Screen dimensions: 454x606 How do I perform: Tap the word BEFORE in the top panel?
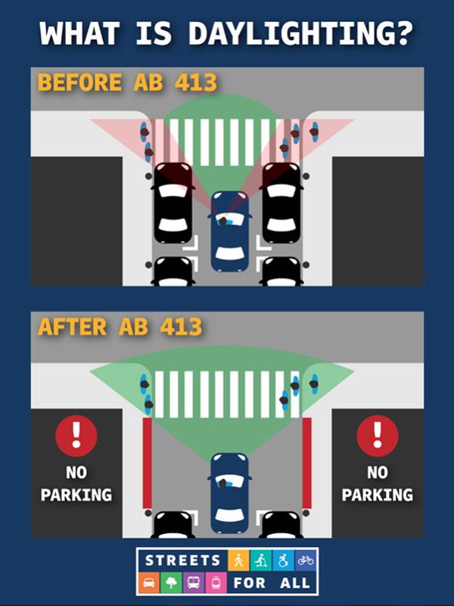point(79,83)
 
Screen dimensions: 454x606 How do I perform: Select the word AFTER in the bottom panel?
point(72,327)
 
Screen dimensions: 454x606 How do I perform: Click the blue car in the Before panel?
point(230,231)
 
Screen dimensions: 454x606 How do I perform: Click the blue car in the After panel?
point(230,493)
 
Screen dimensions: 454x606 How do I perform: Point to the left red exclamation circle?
point(76,436)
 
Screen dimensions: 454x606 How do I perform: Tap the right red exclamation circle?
point(377,436)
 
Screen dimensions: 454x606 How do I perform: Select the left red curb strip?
point(147,463)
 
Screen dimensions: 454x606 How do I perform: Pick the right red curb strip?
point(307,463)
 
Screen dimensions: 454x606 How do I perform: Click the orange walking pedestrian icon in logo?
point(238,560)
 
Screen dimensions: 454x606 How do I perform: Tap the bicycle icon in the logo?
point(306,560)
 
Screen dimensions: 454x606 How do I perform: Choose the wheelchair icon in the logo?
point(283,560)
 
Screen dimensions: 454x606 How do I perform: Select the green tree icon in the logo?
point(171,582)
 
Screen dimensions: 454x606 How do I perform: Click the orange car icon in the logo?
point(148,582)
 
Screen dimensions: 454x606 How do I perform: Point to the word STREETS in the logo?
point(183,561)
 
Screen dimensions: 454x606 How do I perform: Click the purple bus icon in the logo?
point(194,582)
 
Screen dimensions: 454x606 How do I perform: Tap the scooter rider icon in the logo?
point(261,560)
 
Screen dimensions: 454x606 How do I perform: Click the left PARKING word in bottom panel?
point(76,495)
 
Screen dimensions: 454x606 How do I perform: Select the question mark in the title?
point(404,33)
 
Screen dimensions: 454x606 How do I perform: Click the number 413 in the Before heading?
point(196,83)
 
